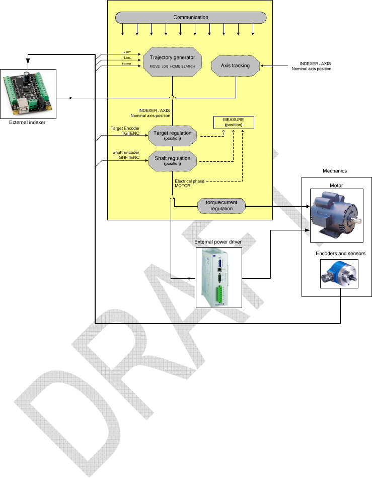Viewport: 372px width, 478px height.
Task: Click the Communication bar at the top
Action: pos(191,18)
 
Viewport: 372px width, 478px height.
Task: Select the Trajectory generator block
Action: pos(172,62)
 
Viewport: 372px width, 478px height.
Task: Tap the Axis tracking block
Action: pos(235,66)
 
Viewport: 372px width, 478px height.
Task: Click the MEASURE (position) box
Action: pos(234,122)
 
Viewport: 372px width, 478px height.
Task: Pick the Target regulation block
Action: pos(172,135)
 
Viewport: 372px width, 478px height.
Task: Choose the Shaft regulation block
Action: pos(172,160)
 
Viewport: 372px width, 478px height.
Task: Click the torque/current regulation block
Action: pos(221,205)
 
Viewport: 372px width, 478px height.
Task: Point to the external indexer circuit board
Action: pos(28,93)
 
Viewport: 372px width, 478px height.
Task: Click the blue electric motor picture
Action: pos(334,212)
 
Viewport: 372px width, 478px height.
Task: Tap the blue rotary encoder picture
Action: pos(339,274)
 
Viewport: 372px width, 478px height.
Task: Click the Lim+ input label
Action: pos(127,52)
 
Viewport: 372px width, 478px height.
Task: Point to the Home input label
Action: pos(127,64)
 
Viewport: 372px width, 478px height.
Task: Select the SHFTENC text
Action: pos(129,157)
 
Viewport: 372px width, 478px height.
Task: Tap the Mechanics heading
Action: pos(335,171)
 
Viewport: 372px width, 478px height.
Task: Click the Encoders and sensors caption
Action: pos(340,253)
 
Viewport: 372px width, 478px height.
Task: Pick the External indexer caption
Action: pos(28,122)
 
